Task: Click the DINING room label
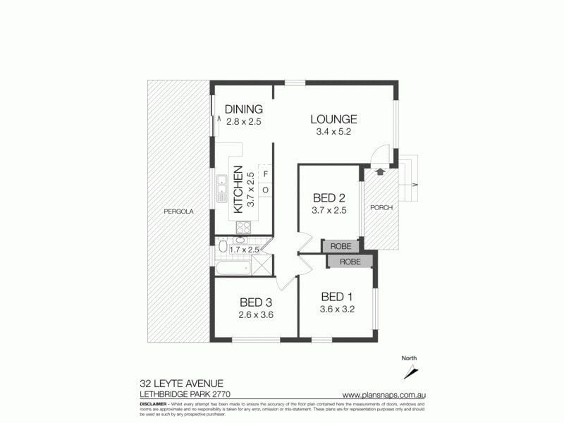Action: pyautogui.click(x=244, y=109)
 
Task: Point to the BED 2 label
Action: pyautogui.click(x=329, y=198)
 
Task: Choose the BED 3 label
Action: pyautogui.click(x=255, y=302)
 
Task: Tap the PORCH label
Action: pyautogui.click(x=381, y=209)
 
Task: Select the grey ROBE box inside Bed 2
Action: pyautogui.click(x=341, y=246)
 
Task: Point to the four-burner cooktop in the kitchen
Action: pyautogui.click(x=243, y=227)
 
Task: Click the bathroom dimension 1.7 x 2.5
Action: pyautogui.click(x=246, y=249)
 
